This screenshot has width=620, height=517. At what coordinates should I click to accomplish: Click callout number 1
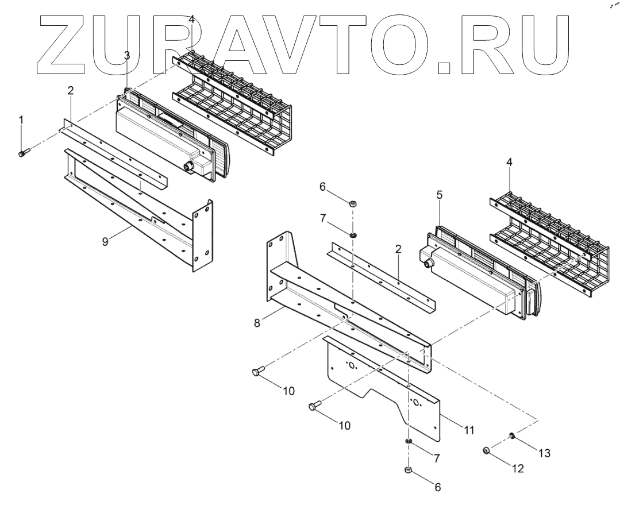(x=21, y=119)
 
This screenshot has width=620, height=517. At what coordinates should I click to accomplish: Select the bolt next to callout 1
(x=24, y=153)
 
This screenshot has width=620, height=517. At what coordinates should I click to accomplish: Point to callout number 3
(x=127, y=55)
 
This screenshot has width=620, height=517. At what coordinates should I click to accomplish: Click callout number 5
(x=440, y=195)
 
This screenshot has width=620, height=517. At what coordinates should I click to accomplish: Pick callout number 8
(x=257, y=323)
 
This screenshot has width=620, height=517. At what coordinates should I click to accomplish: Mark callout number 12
(x=517, y=468)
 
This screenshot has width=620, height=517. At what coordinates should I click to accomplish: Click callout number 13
(x=543, y=453)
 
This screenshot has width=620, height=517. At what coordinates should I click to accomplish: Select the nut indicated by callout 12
(x=486, y=450)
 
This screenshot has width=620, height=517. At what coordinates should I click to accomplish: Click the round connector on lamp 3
(x=187, y=167)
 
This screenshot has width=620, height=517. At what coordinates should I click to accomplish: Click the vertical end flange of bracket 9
(x=202, y=236)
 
